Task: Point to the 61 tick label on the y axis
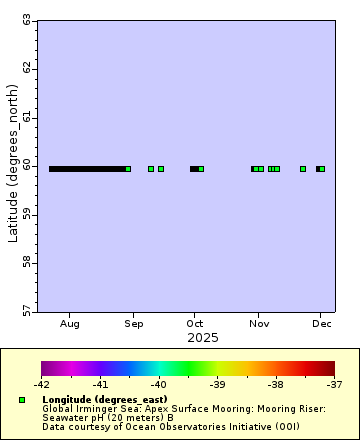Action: tap(26, 117)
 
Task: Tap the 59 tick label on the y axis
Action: tap(26, 214)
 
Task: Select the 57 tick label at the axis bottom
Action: tap(26, 311)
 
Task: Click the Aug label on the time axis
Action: tap(70, 324)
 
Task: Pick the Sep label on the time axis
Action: tap(133, 324)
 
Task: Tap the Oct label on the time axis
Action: tap(195, 324)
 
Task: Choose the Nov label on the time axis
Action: tap(259, 324)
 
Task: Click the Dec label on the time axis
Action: tap(322, 324)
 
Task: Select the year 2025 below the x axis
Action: tap(203, 338)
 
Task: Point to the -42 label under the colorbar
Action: tap(41, 383)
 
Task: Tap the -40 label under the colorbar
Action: tap(158, 383)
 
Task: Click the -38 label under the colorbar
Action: tap(276, 383)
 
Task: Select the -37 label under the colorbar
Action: tap(334, 383)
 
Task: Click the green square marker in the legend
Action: tap(22, 400)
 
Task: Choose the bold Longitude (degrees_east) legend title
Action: tap(104, 399)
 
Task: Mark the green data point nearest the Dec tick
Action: tap(322, 169)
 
